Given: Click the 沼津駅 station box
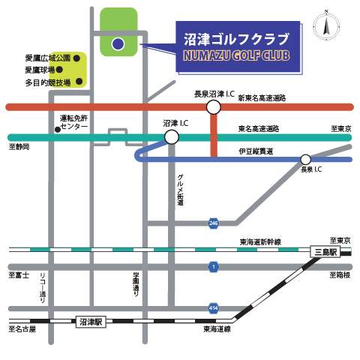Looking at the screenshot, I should coord(92,322).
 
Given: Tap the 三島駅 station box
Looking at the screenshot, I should coord(325,253).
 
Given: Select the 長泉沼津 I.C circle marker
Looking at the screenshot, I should coord(214,107).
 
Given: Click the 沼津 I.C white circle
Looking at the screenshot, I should coord(172,136).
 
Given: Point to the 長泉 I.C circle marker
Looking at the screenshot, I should coord(305,159).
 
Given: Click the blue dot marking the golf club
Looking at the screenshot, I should coord(118,44).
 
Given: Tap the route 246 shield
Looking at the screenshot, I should coord(214,223).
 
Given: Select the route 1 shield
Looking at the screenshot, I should coord(214,266).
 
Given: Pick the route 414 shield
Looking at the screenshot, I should coord(214,307).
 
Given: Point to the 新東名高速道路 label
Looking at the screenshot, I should coord(262,97).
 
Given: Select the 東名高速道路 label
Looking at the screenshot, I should coord(258,128).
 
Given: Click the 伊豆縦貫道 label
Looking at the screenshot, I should coord(256,151).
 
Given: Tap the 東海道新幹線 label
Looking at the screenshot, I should coord(260,241).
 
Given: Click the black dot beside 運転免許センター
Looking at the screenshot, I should coord(57,128).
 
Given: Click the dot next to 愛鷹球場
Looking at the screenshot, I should coord(76,70).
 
